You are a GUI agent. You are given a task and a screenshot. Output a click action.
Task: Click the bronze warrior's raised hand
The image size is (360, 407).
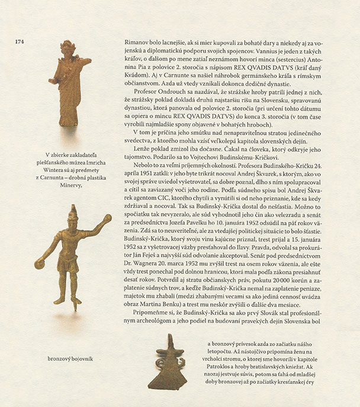coord(107,219)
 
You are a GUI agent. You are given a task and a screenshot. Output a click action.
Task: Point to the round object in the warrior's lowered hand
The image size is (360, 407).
coord(39,263)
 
